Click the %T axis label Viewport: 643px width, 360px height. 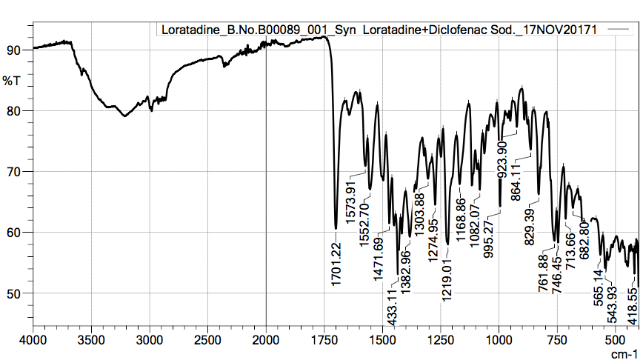coord(12,79)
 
